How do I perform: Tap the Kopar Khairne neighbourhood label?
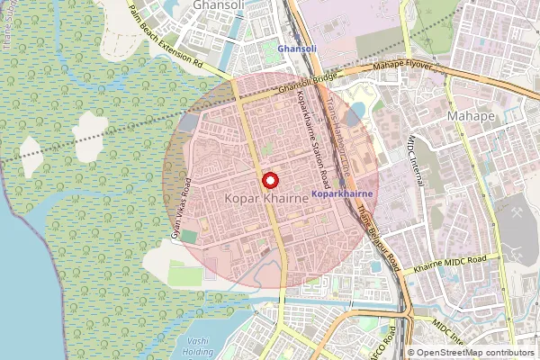[265, 195]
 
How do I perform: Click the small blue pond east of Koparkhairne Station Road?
[355, 111]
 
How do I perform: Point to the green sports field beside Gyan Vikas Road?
[189, 236]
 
